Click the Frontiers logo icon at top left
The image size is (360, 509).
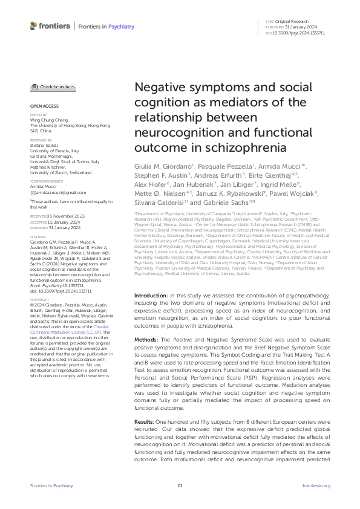[x=34, y=26]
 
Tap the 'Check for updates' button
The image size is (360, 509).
[x=53, y=87]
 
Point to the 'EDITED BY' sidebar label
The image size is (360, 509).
[x=38, y=115]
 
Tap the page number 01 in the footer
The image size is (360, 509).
[x=180, y=485]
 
